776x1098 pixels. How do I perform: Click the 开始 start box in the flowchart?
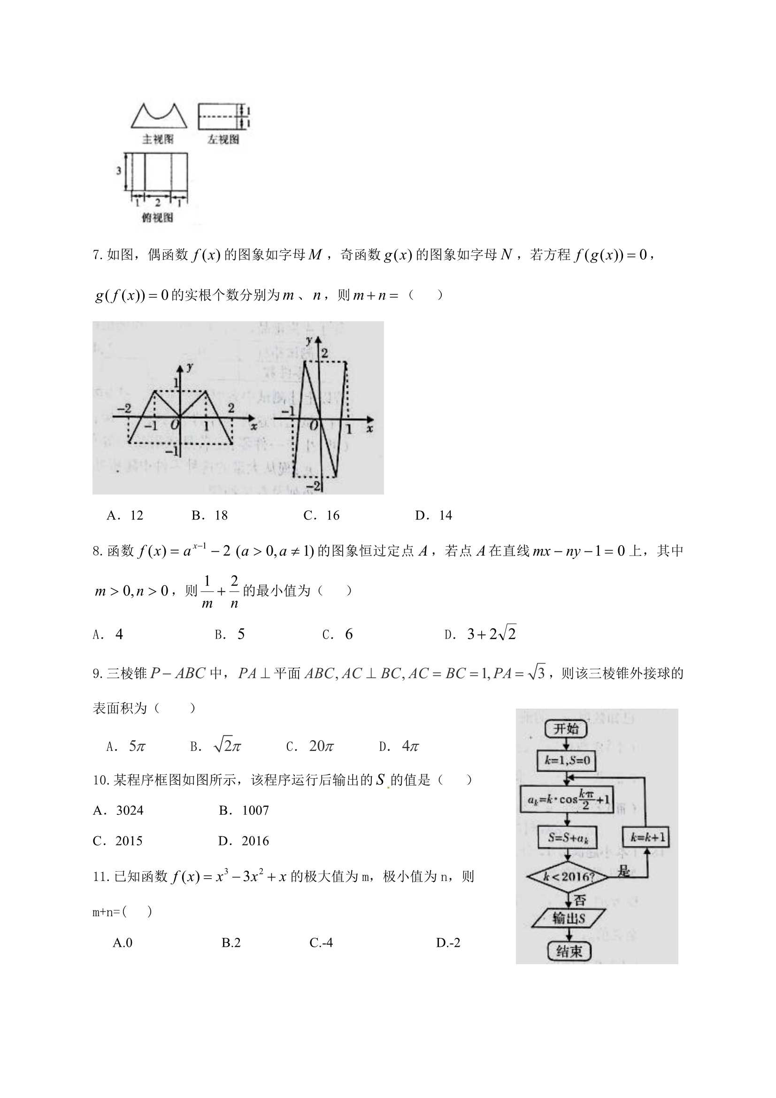566,729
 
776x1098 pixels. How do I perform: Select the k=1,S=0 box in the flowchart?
567,760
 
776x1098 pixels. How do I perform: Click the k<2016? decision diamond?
568,877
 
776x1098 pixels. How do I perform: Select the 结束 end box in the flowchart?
569,951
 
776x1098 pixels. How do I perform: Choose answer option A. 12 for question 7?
125,515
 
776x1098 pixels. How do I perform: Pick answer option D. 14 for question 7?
433,515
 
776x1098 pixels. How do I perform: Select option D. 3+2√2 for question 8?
481,634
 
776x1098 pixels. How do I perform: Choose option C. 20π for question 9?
310,746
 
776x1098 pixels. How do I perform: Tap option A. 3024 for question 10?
118,810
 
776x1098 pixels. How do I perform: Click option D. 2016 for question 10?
243,841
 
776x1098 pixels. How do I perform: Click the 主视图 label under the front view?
158,139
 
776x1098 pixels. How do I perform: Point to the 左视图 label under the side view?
223,139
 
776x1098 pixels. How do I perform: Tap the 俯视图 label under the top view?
157,217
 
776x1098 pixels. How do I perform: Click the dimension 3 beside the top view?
119,170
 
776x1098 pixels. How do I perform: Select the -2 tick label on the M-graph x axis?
124,408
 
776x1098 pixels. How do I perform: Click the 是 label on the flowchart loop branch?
623,870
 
